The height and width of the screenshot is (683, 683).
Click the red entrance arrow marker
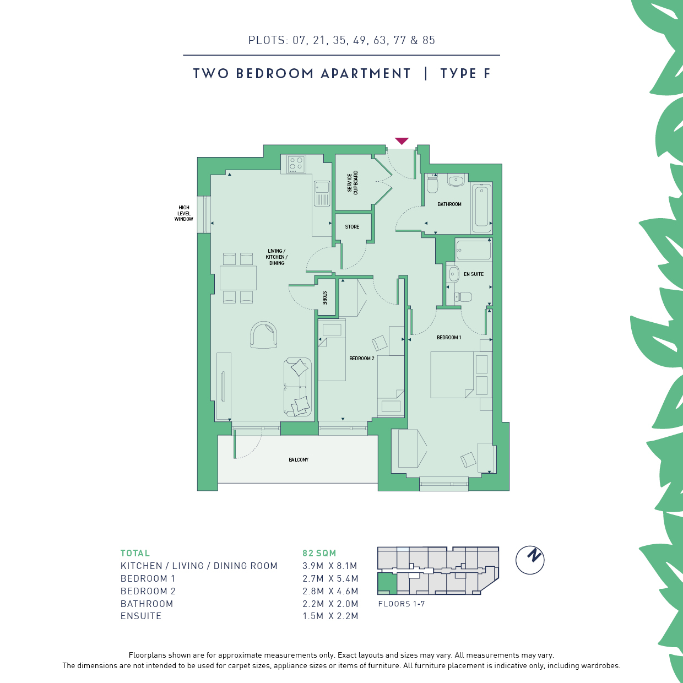(402, 141)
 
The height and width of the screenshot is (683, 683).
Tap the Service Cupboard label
(353, 182)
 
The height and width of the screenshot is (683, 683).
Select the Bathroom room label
(449, 204)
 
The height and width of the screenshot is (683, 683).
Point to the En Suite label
(474, 274)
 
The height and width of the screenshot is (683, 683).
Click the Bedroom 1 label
(449, 338)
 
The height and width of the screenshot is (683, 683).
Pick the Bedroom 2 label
(361, 359)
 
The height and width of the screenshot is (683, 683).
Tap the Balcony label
(299, 460)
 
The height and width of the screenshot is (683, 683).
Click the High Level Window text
(183, 213)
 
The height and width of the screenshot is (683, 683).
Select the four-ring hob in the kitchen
(296, 164)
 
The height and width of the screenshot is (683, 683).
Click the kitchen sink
(322, 193)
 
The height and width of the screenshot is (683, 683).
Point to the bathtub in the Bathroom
(481, 205)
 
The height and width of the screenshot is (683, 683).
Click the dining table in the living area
(238, 278)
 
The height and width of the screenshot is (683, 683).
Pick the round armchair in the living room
(264, 334)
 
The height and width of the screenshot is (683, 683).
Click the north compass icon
(529, 560)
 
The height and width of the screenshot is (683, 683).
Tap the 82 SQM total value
(319, 553)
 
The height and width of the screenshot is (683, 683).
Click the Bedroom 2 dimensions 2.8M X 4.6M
(330, 591)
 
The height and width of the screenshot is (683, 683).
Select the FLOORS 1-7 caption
(401, 604)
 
